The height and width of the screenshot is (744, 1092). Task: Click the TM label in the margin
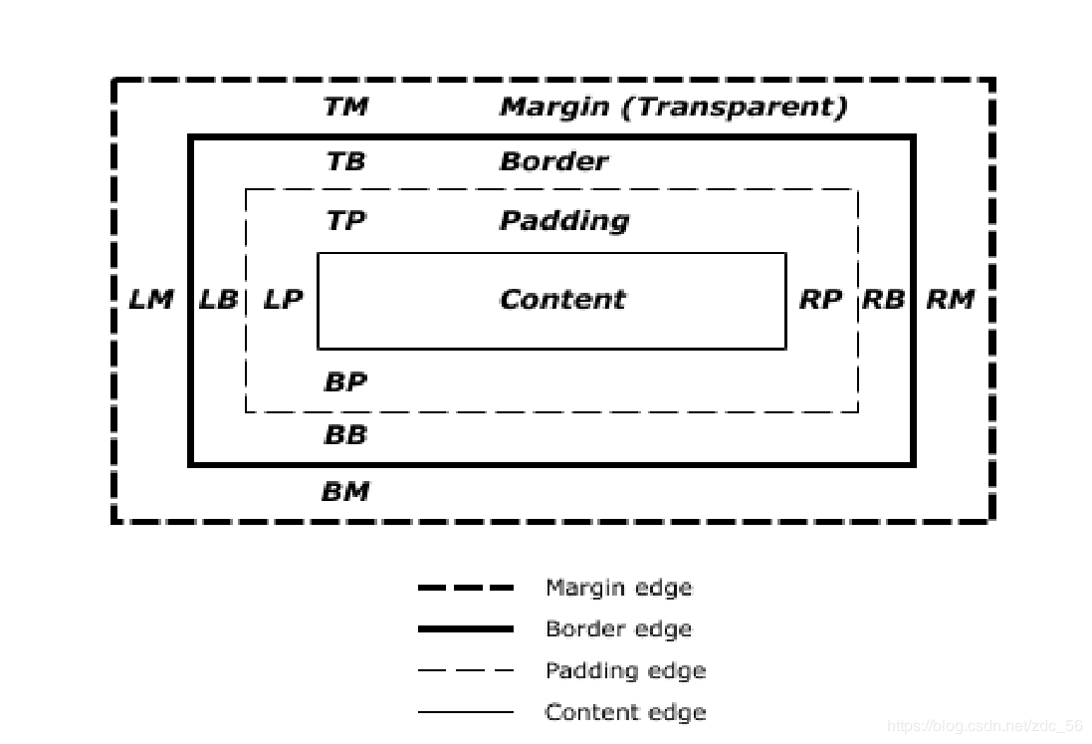pyautogui.click(x=346, y=107)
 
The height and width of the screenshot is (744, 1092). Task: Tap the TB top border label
pyautogui.click(x=346, y=161)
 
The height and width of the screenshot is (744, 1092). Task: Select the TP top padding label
pyautogui.click(x=346, y=221)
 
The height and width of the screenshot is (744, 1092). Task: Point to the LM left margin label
pyautogui.click(x=151, y=300)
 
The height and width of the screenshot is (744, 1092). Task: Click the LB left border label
pyautogui.click(x=219, y=300)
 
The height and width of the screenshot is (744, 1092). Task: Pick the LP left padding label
pyautogui.click(x=284, y=300)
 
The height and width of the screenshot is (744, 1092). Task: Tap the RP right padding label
pyautogui.click(x=820, y=300)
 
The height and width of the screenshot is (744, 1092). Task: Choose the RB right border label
pyautogui.click(x=884, y=300)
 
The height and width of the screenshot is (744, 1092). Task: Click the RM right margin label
pyautogui.click(x=951, y=300)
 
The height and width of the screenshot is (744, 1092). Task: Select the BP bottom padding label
pyautogui.click(x=346, y=381)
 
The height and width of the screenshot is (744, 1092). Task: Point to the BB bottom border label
pyautogui.click(x=346, y=434)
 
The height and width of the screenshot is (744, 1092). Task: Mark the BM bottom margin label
pyautogui.click(x=346, y=492)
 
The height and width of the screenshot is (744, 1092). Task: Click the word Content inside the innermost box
pyautogui.click(x=562, y=300)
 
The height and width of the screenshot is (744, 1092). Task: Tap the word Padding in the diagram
pyautogui.click(x=564, y=221)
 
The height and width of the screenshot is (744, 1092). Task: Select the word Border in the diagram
pyautogui.click(x=554, y=161)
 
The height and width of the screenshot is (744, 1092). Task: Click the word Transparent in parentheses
pyautogui.click(x=734, y=107)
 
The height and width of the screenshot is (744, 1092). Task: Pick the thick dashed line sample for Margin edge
pyautogui.click(x=466, y=588)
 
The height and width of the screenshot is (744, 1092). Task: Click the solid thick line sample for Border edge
pyautogui.click(x=466, y=629)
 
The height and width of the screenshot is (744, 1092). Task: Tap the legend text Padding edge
pyautogui.click(x=625, y=671)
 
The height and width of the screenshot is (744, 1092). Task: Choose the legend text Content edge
pyautogui.click(x=625, y=713)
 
